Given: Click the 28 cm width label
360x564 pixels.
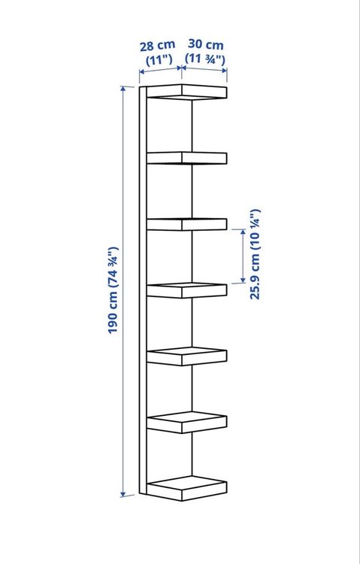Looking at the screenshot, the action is (x=158, y=46).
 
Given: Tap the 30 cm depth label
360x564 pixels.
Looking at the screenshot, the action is (x=206, y=44).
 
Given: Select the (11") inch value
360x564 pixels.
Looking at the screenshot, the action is (x=159, y=59).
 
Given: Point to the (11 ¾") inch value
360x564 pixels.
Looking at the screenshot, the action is (x=205, y=58).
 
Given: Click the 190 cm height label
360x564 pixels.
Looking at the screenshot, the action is (x=113, y=290).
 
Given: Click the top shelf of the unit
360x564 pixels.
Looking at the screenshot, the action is (x=186, y=92).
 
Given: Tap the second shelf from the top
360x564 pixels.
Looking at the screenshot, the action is (x=186, y=158).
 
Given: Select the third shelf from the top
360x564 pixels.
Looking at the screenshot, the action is (x=186, y=224).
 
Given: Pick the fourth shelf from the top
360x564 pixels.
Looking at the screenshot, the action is (x=186, y=290).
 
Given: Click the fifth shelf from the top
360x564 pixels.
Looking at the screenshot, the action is (x=186, y=356).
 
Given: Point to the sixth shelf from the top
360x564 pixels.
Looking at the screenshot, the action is (x=186, y=423).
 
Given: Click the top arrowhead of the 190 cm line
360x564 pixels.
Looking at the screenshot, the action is (x=123, y=89).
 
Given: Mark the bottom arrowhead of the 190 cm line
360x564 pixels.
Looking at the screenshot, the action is (x=123, y=494).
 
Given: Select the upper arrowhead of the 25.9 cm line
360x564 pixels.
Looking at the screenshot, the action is (x=243, y=232).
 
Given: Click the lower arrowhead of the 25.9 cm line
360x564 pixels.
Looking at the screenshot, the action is (x=243, y=280).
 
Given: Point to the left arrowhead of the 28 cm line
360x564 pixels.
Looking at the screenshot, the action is (x=142, y=71).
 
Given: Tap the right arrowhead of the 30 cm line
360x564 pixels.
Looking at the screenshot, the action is (x=224, y=71).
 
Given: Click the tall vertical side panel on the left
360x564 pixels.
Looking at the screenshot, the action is (x=143, y=290).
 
